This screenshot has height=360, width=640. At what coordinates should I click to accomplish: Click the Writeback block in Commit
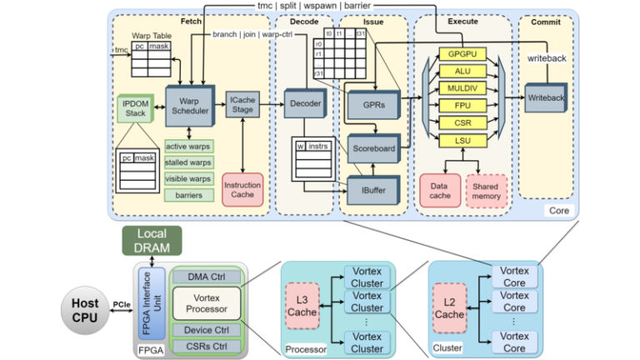point(546,98)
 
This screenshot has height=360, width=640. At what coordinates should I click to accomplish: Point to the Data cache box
point(440,190)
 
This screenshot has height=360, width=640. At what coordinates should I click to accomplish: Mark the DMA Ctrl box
point(206,277)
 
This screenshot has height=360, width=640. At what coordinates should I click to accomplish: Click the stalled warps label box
point(187,162)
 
